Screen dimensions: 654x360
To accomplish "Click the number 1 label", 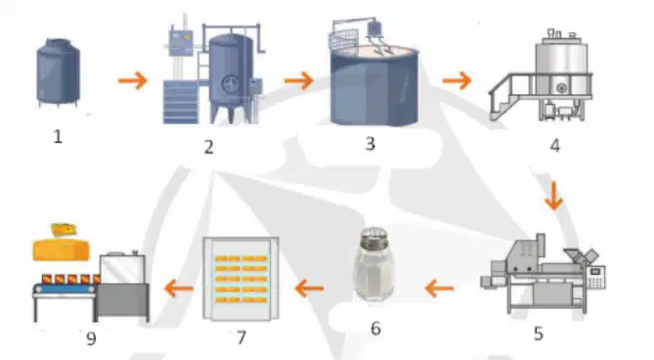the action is point(58,137).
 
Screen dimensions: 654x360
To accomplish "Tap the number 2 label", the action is point(208,147).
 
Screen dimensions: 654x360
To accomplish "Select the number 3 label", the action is point(370,144).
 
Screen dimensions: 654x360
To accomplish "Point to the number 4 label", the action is point(554,146).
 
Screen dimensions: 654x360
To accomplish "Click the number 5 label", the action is point(539,334).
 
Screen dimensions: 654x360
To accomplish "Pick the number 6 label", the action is point(375,329).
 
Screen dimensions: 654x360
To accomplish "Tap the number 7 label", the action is point(241,337).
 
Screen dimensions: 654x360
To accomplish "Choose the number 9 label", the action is point(91,338).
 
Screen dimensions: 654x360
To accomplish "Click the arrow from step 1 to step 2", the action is point(133,80).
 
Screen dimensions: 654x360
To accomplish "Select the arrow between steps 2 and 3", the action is point(298,80).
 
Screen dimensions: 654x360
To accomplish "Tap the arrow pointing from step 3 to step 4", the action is point(458,80).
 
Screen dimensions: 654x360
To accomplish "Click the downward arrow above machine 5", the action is point(553,196).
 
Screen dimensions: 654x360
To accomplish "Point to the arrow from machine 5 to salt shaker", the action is point(439,289).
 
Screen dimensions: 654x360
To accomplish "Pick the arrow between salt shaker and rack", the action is point(309,289).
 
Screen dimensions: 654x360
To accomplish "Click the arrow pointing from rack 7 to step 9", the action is point(179,289).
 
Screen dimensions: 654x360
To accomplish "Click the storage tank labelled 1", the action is point(58,72).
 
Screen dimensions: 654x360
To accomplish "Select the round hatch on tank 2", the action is point(231,85).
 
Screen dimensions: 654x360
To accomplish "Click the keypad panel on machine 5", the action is point(595,277).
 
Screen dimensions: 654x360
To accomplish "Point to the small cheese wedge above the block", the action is point(64,230).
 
